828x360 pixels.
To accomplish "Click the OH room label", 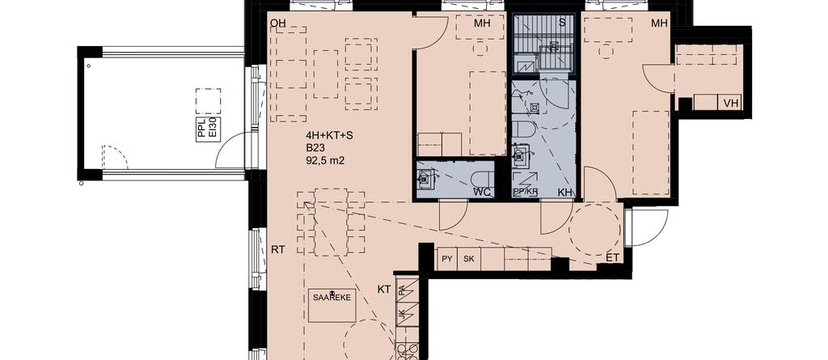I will click(x=279, y=23).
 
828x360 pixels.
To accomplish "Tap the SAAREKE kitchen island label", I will click(x=332, y=297).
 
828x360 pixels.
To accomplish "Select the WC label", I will click(x=482, y=192).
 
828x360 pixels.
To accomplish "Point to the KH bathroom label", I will click(x=565, y=192).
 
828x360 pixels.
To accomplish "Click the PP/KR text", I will click(x=526, y=192).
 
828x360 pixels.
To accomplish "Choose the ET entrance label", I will click(x=614, y=258).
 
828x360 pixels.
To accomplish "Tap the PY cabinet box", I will click(x=446, y=260).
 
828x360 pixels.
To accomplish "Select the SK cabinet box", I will click(x=468, y=260).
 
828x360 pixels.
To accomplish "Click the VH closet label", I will click(x=730, y=103).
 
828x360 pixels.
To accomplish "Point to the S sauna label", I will click(x=561, y=23).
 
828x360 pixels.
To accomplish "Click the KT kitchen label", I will click(x=384, y=288).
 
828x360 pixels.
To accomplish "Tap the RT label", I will click(x=279, y=249).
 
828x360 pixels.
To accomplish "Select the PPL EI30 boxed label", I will click(x=207, y=129).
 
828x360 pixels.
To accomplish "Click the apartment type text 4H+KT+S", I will click(x=330, y=135).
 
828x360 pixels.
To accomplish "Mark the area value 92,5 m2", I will click(x=325, y=161).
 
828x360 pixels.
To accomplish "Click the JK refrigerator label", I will click(x=402, y=316).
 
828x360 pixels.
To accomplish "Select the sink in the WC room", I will click(x=425, y=178).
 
